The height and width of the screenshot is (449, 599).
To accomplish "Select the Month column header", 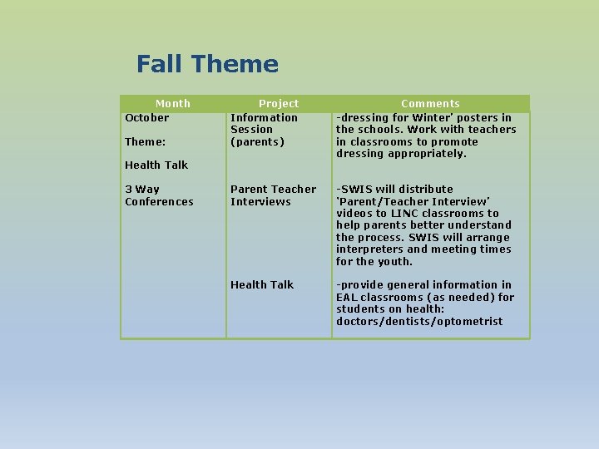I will [173, 104].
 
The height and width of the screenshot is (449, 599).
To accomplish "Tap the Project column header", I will [279, 104].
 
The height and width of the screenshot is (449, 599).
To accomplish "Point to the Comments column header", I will [430, 104].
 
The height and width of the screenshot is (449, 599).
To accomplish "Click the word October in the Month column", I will [146, 118].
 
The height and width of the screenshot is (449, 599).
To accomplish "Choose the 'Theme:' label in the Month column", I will [145, 142].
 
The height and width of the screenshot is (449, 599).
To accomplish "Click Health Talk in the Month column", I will [156, 165].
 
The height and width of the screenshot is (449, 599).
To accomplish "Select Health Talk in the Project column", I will [262, 285].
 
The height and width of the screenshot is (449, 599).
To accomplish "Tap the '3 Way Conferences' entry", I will [158, 195].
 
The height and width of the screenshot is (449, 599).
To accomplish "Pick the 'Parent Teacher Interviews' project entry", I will [273, 195].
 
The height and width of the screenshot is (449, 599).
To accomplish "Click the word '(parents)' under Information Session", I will [257, 142].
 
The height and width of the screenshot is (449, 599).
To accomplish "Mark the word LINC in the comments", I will [399, 214].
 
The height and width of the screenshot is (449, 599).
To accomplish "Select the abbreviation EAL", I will [347, 298].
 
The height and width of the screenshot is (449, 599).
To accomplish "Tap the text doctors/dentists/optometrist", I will [419, 322].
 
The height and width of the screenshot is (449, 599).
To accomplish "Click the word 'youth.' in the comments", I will [395, 262].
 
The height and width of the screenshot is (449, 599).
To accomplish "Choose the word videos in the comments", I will [354, 214].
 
